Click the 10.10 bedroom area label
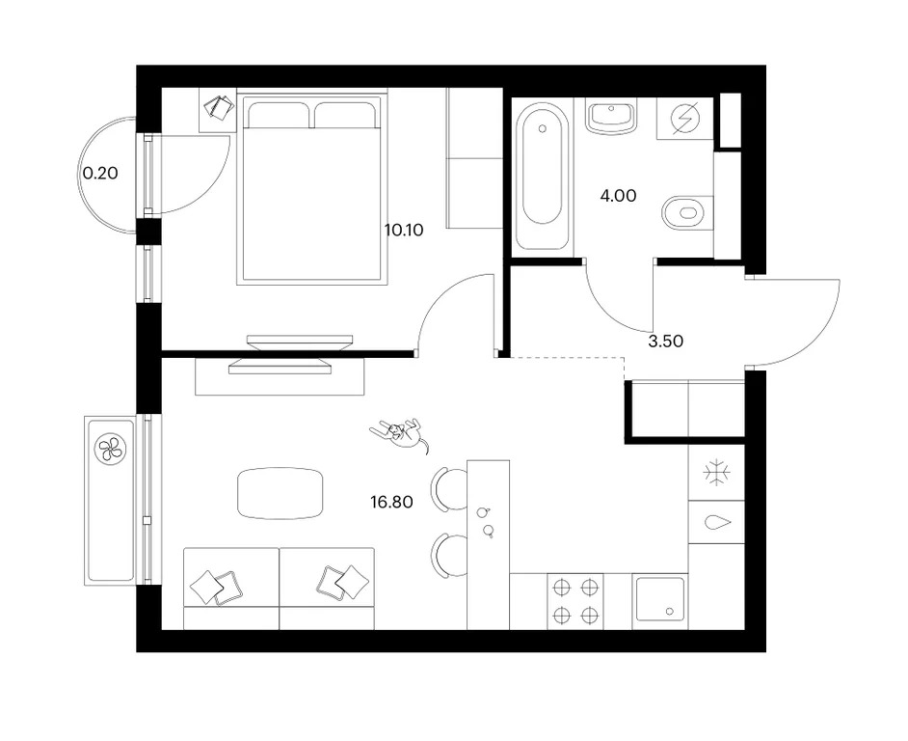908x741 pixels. [x=404, y=231]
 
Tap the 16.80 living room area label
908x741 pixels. [x=391, y=502]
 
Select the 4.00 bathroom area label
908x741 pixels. [x=618, y=196]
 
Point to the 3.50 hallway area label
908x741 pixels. [x=665, y=342]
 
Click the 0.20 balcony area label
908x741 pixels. [x=100, y=173]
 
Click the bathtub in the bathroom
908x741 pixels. [x=542, y=164]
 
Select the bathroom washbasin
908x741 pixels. [x=611, y=117]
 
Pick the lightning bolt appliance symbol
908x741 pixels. [x=685, y=119]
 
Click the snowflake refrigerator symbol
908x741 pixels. [x=716, y=473]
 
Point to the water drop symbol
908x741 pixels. [x=717, y=522]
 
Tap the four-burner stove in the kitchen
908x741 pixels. [x=575, y=601]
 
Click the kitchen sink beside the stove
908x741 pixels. [x=659, y=601]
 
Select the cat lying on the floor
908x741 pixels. [x=400, y=433]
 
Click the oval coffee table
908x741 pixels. [x=280, y=494]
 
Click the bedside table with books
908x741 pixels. [x=218, y=110]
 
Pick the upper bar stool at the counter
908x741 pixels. [x=448, y=489]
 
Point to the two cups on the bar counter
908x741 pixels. [x=486, y=522]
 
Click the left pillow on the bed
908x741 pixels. [x=276, y=116]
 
